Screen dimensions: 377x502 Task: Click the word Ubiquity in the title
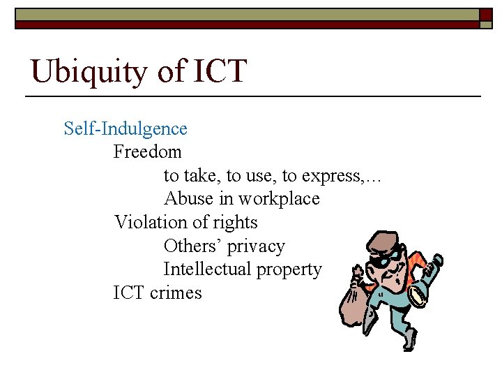[x=82, y=72]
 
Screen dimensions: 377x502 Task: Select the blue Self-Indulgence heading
[x=125, y=128]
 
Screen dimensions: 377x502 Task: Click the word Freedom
[x=147, y=151]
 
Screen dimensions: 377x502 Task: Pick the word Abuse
[x=189, y=199]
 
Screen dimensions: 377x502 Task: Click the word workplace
[x=279, y=199]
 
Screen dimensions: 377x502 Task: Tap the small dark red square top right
[x=485, y=14]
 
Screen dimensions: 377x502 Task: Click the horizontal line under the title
[x=253, y=96]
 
